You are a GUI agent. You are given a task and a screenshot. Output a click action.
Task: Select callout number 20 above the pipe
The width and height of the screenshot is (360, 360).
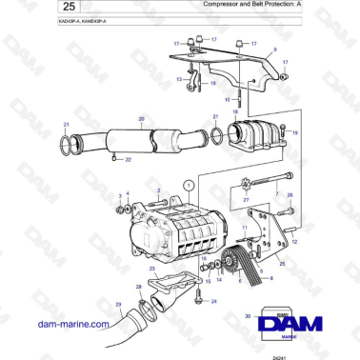[114, 120]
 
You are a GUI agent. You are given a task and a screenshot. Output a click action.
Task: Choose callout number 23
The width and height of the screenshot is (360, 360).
[150, 270]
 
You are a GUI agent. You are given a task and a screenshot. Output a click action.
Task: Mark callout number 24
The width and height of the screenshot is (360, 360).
[213, 301]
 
